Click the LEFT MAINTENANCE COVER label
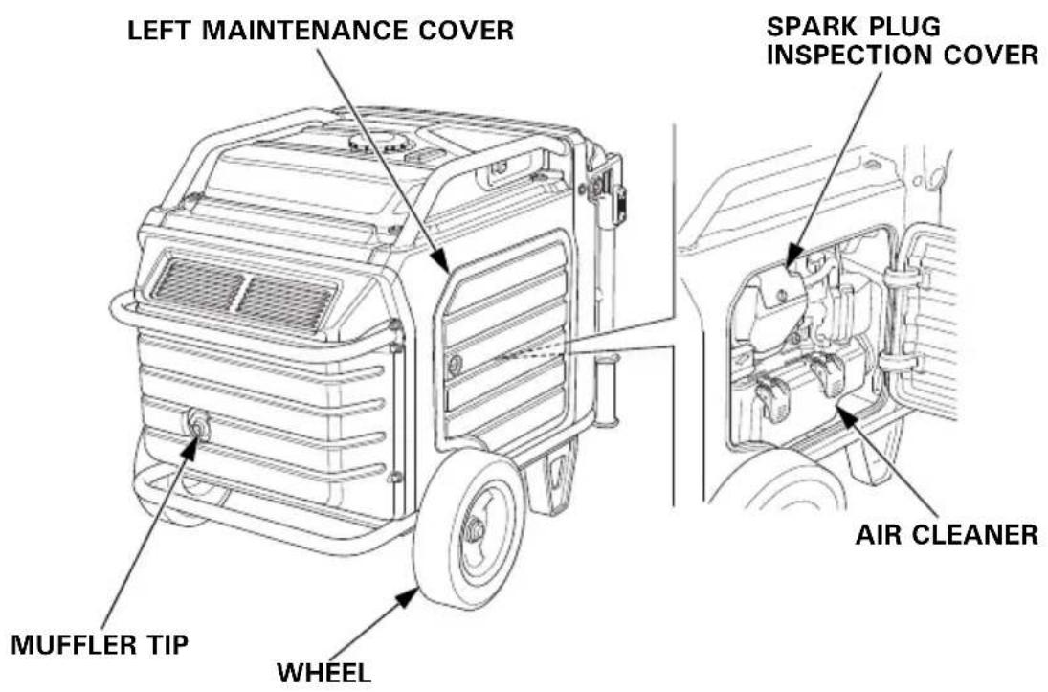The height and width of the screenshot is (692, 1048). coord(321,30)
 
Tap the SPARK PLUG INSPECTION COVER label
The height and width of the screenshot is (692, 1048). coord(903,41)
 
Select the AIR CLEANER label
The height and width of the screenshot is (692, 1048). coord(948,534)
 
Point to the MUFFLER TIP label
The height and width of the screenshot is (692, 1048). coord(100,644)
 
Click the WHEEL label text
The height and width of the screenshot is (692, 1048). coord(324,673)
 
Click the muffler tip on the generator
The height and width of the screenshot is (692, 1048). coord(198,425)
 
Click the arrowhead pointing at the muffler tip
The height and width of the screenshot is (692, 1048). coord(190,448)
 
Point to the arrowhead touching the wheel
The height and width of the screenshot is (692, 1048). coord(408,597)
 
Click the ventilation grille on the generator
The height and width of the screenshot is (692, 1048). coord(242,294)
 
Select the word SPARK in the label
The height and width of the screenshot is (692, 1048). coord(809,27)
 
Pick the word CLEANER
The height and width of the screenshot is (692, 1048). coord(977,534)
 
